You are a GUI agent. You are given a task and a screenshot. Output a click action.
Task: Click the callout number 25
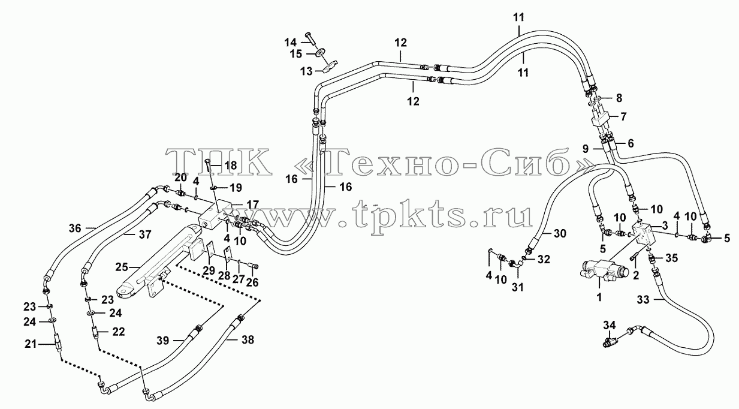pos(122,267)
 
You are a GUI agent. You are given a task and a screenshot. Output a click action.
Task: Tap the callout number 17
pos(253,204)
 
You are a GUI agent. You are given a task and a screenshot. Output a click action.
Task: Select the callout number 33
pos(643,300)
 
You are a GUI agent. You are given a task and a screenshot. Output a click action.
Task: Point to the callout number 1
pos(599,297)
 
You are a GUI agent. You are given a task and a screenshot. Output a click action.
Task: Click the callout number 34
pos(610,326)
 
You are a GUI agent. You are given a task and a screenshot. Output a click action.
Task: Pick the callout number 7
pos(623,116)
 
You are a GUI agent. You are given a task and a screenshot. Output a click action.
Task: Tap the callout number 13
pos(306,71)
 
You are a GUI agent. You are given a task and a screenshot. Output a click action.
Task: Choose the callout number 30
pos(560,234)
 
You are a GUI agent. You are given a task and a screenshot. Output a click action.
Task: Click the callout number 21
pos(31,344)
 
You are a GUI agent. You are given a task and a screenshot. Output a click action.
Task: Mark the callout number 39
pos(162,341)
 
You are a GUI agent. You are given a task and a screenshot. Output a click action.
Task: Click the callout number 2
pos(636,275)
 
